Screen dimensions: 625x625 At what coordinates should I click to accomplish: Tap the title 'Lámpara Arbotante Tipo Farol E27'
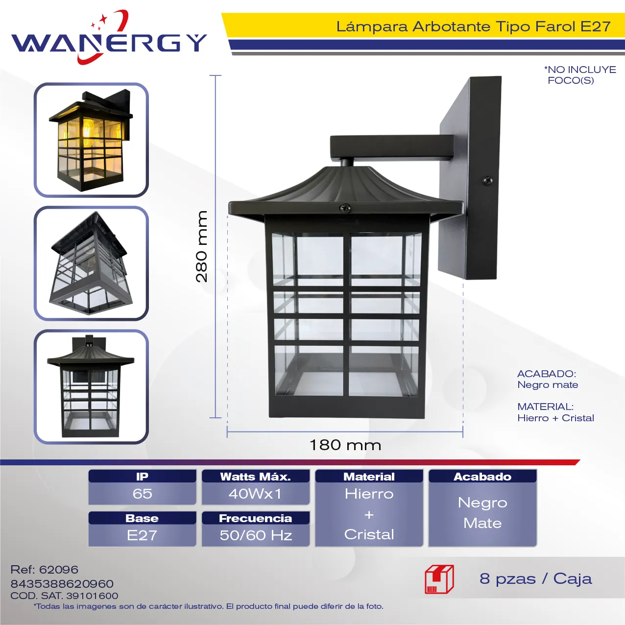[473, 26]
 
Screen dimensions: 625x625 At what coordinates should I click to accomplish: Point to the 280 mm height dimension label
[202, 246]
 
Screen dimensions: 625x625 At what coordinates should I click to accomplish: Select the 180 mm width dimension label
[345, 445]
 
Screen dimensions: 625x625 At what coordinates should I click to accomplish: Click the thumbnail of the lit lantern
[91, 140]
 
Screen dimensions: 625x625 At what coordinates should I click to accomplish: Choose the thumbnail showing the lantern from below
[91, 264]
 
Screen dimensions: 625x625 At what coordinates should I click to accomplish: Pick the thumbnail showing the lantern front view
[91, 386]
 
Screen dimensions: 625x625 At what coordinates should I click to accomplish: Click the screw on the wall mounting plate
[487, 181]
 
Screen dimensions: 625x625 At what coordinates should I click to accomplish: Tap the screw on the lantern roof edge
[346, 208]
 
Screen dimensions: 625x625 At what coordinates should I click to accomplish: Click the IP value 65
[142, 494]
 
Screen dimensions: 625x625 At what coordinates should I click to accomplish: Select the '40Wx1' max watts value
[255, 494]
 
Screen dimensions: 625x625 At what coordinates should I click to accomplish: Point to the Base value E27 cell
[142, 535]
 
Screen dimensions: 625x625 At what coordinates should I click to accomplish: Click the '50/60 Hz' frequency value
[256, 535]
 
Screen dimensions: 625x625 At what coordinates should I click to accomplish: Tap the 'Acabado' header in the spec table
[482, 477]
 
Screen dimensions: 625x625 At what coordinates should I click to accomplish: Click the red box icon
[439, 579]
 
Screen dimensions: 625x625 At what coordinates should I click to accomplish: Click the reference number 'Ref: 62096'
[45, 570]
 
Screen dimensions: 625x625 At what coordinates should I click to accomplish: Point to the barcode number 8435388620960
[62, 584]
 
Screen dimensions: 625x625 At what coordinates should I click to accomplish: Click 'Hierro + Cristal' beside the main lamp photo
[555, 418]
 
